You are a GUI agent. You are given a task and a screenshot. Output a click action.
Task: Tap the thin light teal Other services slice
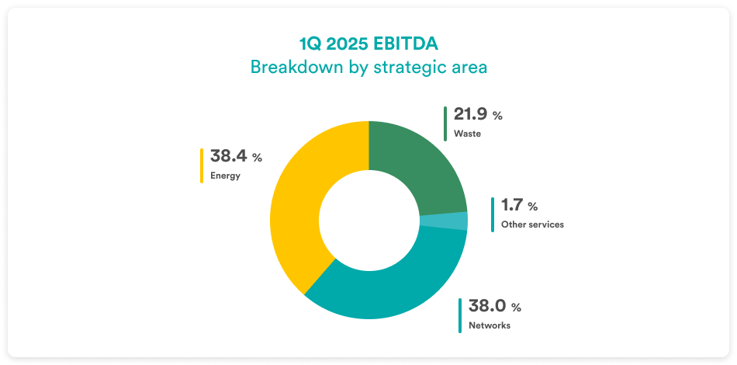[x=444, y=221]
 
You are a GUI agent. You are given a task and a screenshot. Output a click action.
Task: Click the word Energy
[x=225, y=176]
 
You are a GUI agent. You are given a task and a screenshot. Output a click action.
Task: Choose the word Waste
[x=467, y=134]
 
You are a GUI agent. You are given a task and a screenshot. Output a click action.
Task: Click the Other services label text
[x=532, y=224]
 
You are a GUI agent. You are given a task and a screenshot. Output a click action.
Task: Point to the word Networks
[x=490, y=325]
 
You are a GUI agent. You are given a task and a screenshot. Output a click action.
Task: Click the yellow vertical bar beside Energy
[x=202, y=165]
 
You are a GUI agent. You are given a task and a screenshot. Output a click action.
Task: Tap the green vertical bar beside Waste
[x=445, y=123]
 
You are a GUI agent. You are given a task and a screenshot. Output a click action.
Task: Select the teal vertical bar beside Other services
[x=493, y=214]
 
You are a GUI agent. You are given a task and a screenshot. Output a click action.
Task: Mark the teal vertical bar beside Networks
[x=460, y=315]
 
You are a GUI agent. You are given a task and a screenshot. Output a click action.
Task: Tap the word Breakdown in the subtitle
[x=292, y=67]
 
